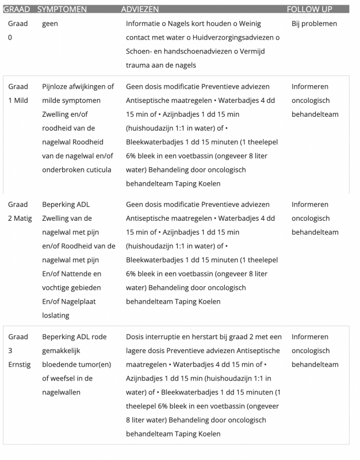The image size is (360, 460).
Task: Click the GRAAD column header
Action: [x=16, y=9]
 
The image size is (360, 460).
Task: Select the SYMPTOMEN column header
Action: [x=62, y=9]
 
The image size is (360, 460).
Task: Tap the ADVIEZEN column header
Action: [x=140, y=9]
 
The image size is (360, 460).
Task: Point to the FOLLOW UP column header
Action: [x=309, y=9]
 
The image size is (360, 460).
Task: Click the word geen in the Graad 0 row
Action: [x=50, y=24]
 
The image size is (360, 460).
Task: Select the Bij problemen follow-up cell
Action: [x=314, y=24]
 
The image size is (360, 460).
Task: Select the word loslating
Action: [x=55, y=315]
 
